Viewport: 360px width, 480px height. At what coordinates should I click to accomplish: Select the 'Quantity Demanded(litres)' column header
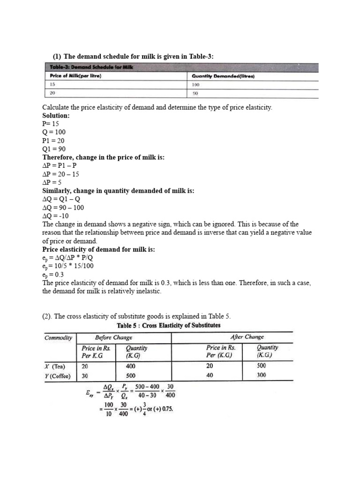coord(223,76)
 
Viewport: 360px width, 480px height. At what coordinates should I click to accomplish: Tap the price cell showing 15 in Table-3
coord(52,84)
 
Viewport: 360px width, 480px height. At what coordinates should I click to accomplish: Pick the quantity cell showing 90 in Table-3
coord(195,93)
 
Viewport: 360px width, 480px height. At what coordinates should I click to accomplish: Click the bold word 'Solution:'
coord(56,115)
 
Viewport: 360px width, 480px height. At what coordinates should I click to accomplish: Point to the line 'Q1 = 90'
coord(54,149)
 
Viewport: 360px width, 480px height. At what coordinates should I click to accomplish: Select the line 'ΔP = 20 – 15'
coord(61,174)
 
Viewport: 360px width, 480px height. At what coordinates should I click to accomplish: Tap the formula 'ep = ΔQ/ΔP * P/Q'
coord(70,258)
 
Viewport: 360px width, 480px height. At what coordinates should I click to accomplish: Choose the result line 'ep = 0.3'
coord(53,275)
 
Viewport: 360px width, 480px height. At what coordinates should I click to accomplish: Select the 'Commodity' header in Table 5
coord(58,337)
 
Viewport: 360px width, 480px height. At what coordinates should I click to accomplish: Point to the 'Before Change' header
coord(113,337)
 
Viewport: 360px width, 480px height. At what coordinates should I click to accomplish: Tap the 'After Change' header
coord(247,337)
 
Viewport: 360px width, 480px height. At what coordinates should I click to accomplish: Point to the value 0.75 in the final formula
coord(166,408)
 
